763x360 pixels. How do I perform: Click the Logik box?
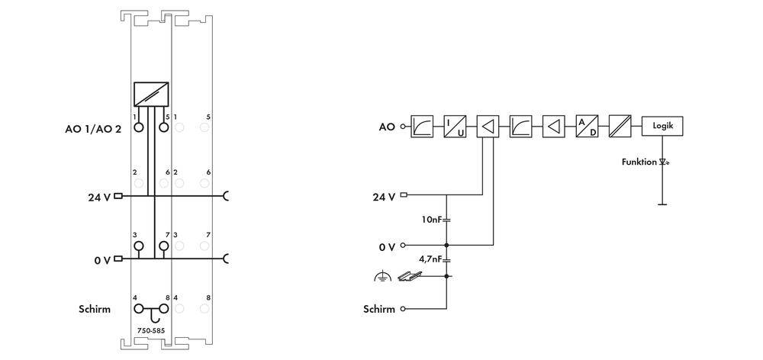click(662, 126)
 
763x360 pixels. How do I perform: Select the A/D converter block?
click(587, 126)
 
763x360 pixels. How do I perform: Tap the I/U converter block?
click(455, 126)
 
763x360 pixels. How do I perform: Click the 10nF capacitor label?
click(431, 220)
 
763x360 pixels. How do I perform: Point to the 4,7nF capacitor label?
click(430, 259)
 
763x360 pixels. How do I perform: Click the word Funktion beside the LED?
click(639, 162)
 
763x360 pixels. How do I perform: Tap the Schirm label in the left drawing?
click(95, 309)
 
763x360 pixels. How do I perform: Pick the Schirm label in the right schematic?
click(379, 309)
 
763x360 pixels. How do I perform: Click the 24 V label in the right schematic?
click(384, 197)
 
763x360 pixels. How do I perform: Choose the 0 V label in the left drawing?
click(102, 260)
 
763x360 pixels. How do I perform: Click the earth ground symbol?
click(381, 278)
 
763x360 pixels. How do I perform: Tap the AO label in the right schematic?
click(387, 126)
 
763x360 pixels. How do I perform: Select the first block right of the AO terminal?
click(422, 126)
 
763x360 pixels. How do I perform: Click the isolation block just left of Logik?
click(619, 126)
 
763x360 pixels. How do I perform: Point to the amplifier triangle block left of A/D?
click(553, 126)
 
